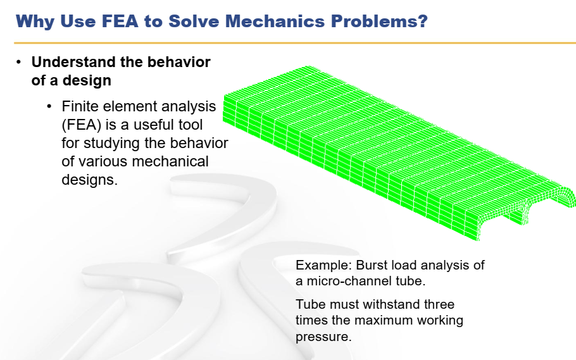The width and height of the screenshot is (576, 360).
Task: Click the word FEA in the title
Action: [x=120, y=21]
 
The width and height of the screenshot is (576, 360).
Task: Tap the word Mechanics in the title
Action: [x=275, y=21]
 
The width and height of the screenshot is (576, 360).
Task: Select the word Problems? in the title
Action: [x=379, y=22]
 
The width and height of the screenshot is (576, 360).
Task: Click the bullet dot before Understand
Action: [x=19, y=62]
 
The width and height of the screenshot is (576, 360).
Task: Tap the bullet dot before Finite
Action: [x=49, y=106]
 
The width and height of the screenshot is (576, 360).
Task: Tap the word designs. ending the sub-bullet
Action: [x=90, y=180]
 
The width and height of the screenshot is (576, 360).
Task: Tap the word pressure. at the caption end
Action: [x=323, y=337]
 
